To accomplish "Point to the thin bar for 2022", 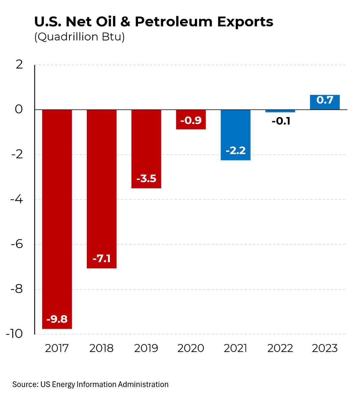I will (x=280, y=111).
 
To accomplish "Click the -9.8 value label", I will (x=57, y=319).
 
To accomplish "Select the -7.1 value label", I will (x=101, y=259).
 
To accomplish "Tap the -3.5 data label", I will (x=146, y=178).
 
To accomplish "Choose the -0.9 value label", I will (x=191, y=120).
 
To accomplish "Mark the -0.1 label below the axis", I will (x=281, y=121).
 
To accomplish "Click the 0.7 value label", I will (x=325, y=100).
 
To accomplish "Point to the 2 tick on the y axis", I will (x=19, y=64).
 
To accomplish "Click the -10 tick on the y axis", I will (x=14, y=334).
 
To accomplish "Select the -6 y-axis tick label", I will (x=17, y=244).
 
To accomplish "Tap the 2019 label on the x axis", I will (x=146, y=348).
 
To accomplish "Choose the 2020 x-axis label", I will (x=190, y=348).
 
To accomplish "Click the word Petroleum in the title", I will (x=174, y=22).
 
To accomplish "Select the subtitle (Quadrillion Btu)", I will (x=79, y=36).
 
